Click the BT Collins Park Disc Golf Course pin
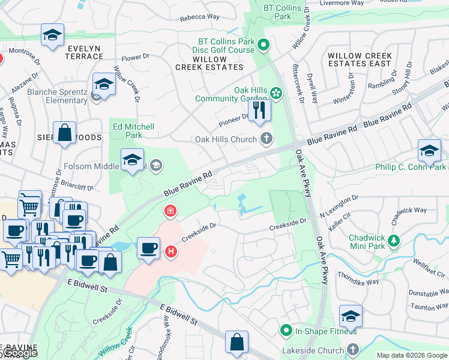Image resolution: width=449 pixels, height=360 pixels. click(265, 46)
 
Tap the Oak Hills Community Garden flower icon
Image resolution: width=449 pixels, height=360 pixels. click(276, 92)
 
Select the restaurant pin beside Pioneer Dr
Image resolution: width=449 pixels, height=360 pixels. click(259, 111)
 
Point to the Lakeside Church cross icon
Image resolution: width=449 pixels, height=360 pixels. click(352, 349)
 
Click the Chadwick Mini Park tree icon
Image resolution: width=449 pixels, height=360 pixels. click(394, 241)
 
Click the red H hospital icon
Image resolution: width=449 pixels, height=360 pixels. click(171, 251)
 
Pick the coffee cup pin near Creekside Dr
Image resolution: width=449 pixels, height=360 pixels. click(148, 248)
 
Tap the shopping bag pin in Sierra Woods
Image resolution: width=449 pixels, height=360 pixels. click(64, 133)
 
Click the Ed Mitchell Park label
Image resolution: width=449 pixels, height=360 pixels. click(133, 131)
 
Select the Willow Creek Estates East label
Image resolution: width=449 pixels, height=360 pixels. click(360, 59)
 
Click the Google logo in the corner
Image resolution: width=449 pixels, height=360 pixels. click(19, 353)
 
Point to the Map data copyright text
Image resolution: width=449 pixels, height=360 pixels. click(412, 355)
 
